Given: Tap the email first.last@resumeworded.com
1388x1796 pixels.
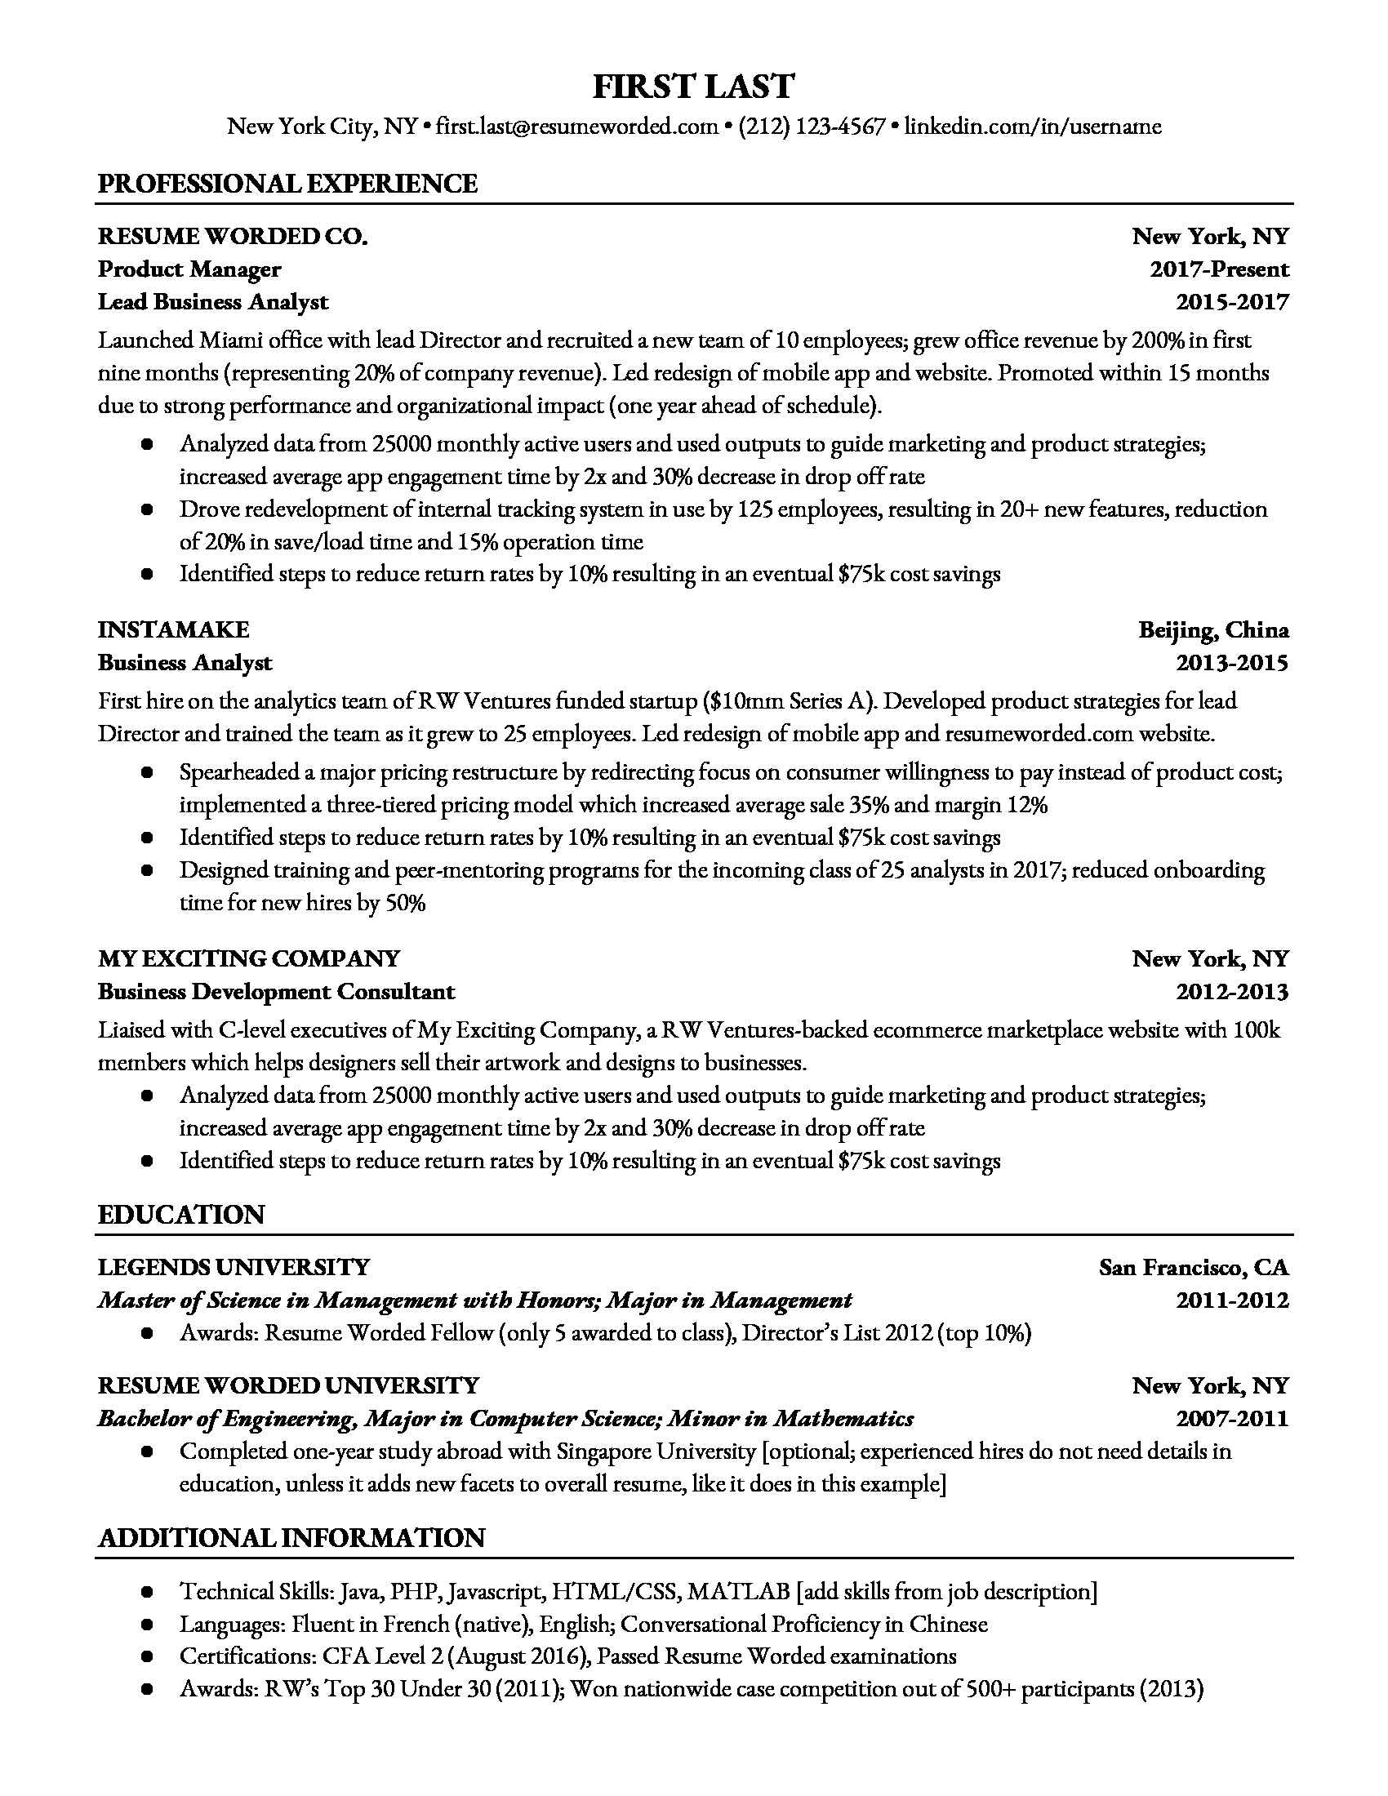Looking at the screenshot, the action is pyautogui.click(x=576, y=127).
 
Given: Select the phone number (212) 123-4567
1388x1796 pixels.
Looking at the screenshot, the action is pyautogui.click(x=812, y=127).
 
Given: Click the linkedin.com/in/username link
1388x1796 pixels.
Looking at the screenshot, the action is pyautogui.click(x=1033, y=127).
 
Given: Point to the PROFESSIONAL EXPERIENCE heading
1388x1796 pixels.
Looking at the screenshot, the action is pyautogui.click(x=287, y=184).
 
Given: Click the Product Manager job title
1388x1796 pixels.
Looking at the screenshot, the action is pyautogui.click(x=189, y=269).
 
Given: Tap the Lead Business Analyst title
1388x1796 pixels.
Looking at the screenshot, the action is pyautogui.click(x=213, y=303).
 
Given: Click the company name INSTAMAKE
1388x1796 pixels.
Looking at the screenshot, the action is pyautogui.click(x=173, y=630).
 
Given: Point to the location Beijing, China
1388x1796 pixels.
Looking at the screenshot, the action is pyautogui.click(x=1212, y=630).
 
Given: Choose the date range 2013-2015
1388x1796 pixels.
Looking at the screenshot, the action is pyautogui.click(x=1232, y=663).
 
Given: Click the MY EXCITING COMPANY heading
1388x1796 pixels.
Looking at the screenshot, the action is pyautogui.click(x=248, y=959).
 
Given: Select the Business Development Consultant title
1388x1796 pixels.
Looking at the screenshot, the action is pyautogui.click(x=276, y=992).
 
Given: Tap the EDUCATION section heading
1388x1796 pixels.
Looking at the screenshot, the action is pyautogui.click(x=181, y=1215).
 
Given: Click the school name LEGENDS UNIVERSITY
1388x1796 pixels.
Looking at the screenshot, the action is pyautogui.click(x=234, y=1267).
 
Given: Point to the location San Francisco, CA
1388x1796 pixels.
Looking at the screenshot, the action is pyautogui.click(x=1193, y=1267).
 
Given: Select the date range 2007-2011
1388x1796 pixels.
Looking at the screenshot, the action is pyautogui.click(x=1232, y=1419).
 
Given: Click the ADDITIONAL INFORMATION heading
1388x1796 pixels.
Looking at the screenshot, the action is pyautogui.click(x=291, y=1538).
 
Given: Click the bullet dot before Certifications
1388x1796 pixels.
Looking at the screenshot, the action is pyautogui.click(x=147, y=1657).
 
